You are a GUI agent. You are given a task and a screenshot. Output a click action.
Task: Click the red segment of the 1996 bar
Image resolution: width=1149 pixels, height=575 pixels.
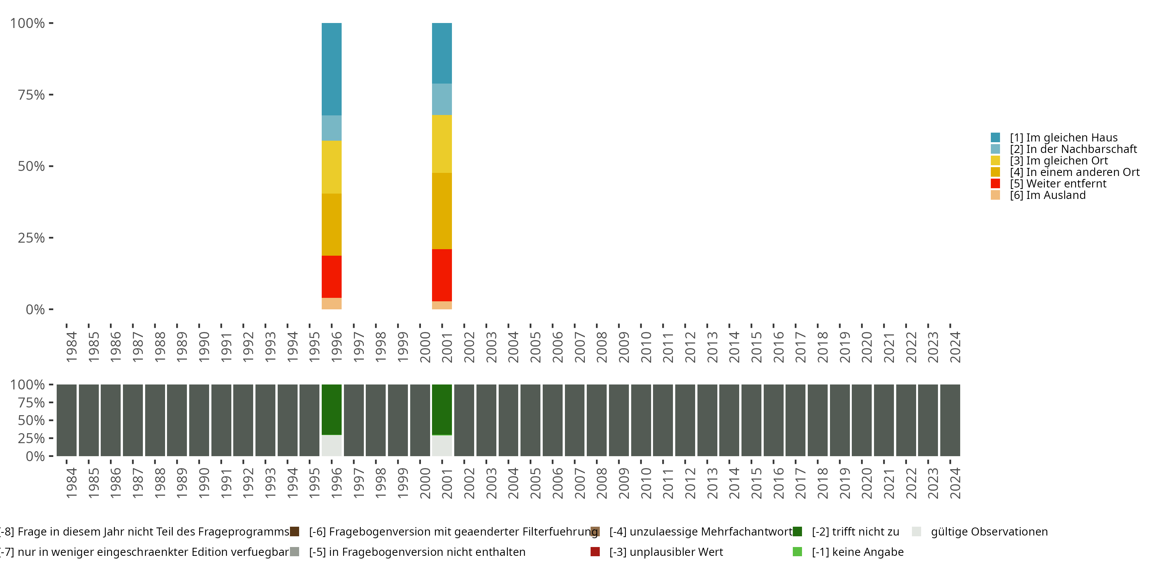(331, 276)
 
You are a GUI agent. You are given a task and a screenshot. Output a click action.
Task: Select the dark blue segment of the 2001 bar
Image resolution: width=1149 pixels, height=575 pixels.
(442, 53)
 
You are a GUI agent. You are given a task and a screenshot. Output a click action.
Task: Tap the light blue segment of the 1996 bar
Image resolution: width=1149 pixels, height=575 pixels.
(331, 128)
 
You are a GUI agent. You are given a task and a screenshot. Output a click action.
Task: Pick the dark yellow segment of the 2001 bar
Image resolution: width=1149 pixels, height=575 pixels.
(442, 211)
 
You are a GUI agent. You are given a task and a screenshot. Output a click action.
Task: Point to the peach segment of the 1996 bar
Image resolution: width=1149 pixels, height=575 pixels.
(331, 304)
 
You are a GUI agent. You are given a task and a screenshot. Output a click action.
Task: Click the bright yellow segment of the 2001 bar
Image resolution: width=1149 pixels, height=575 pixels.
(442, 144)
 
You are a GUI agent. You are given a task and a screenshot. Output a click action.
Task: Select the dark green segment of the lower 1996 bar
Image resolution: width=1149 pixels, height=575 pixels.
(331, 409)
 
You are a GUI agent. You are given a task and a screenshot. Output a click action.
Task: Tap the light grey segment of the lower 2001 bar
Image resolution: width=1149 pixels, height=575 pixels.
(442, 445)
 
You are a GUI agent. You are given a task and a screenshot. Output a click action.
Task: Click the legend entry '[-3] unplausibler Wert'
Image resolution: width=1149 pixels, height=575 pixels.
(666, 552)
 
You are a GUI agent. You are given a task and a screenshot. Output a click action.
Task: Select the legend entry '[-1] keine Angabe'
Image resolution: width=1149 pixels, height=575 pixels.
(857, 552)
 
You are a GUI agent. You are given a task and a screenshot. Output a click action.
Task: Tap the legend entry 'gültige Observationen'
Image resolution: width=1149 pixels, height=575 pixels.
(989, 532)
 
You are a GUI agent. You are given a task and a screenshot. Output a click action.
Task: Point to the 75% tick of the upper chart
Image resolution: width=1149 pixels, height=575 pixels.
(31, 95)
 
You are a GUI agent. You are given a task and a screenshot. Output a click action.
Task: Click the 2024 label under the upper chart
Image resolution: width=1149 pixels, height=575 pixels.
(955, 347)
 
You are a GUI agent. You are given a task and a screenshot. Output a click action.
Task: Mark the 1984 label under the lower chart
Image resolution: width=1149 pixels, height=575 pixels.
(71, 483)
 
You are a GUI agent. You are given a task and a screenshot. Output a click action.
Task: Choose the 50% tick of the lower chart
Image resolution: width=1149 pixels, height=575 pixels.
(31, 420)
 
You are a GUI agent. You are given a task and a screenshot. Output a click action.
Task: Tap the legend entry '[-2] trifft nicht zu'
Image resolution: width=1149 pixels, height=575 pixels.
(855, 532)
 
